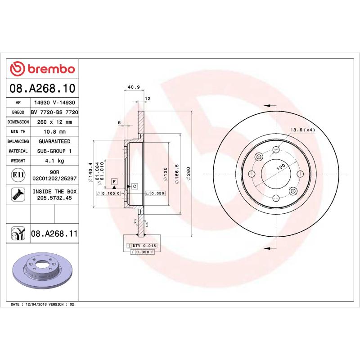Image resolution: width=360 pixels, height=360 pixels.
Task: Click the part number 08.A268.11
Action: (54, 234)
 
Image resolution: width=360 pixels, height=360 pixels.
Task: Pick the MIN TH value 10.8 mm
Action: (54, 132)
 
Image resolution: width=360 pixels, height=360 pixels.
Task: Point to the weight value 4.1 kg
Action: (54, 161)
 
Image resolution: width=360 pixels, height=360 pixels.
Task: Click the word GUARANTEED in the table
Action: (54, 141)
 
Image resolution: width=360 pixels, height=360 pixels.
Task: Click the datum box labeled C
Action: (134, 186)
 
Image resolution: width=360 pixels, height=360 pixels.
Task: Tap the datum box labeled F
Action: (114, 181)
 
